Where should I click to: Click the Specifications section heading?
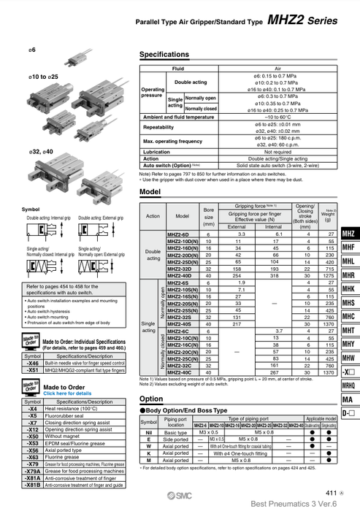tap(164, 55)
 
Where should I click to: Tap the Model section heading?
tap(150, 191)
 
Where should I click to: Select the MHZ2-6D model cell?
tap(179, 234)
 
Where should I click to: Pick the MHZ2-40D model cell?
tap(179, 276)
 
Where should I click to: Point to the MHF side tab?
tap(348, 247)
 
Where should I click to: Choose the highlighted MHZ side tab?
tap(348, 234)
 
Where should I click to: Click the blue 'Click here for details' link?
tap(68, 393)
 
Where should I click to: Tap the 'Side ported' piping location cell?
tap(175, 439)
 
